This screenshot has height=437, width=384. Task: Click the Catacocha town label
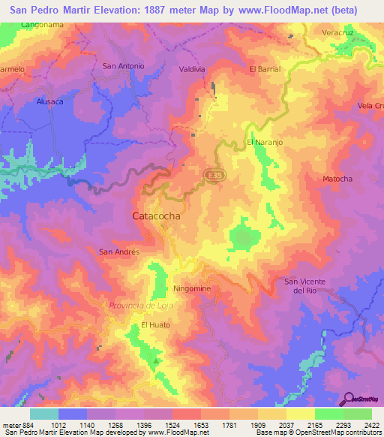[x=156, y=215]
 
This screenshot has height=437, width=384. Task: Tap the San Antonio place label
[x=123, y=66]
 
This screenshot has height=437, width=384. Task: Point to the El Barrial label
[x=264, y=69]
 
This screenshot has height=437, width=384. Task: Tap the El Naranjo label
[x=263, y=142]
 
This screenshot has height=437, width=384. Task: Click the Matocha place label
[x=337, y=179]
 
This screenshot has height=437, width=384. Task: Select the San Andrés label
[x=120, y=252]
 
